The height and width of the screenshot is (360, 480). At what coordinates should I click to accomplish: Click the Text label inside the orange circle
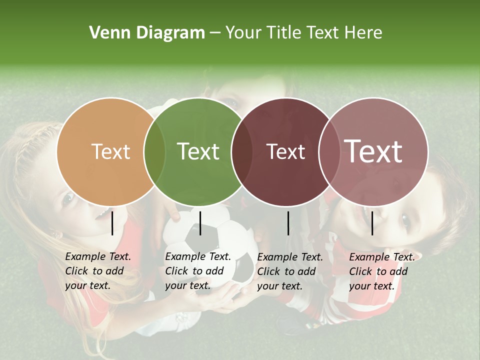110,151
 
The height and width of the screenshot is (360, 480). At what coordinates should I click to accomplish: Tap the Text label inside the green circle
198,151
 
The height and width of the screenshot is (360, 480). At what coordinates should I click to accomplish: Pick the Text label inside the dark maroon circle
285,151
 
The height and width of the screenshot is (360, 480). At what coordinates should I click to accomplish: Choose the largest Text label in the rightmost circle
373,151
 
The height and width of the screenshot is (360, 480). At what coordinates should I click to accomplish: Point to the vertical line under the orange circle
112,223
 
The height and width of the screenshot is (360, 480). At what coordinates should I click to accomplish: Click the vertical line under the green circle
200,223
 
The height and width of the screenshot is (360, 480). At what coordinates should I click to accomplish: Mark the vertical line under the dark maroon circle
288,223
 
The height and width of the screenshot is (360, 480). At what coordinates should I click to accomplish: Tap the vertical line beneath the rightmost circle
372,223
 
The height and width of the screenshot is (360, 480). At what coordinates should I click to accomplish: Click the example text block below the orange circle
97,271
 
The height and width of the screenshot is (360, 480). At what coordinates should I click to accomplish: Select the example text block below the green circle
197,271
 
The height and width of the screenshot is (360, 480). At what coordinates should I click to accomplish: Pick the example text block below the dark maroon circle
289,271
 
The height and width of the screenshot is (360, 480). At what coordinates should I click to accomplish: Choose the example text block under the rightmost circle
381,271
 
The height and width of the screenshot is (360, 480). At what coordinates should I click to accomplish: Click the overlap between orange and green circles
154,151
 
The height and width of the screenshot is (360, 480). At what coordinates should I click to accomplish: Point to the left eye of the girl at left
68,198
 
